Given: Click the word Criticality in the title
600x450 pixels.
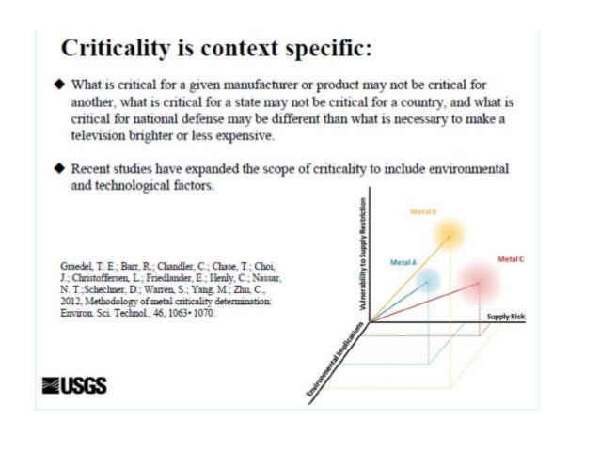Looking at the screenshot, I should point(109,49).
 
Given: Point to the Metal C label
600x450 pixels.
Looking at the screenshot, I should point(511,256).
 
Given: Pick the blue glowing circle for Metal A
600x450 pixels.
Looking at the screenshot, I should point(429,279).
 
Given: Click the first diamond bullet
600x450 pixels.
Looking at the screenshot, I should point(59,84).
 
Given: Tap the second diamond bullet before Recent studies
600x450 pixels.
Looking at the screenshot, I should point(59,169).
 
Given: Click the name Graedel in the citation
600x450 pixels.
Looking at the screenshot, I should point(79,266).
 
